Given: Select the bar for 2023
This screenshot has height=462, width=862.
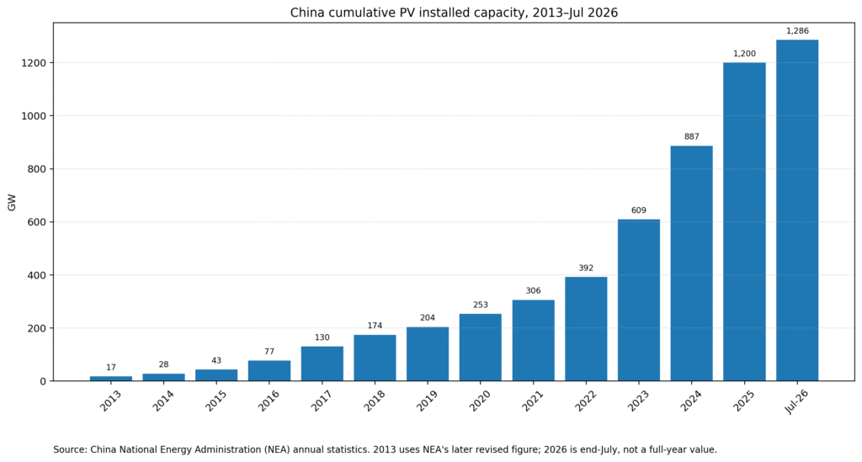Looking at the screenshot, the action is point(638,300).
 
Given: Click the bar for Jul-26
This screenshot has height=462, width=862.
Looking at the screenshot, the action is point(797,210).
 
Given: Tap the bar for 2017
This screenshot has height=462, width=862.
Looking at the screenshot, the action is point(322,364).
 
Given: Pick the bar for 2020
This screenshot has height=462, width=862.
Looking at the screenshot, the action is point(481,348).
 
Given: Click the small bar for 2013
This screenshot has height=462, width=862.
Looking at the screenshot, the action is point(111,379).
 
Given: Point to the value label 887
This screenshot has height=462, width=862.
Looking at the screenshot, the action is point(692,136).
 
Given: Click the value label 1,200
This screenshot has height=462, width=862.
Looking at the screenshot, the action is point(744,53).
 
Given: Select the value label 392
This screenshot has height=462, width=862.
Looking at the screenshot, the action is point(586,268).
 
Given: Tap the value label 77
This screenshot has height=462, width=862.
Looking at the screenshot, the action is point(269,352).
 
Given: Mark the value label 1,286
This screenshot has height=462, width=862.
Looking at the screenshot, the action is point(797,31).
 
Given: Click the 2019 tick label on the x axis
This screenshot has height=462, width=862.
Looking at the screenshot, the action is point(427,401).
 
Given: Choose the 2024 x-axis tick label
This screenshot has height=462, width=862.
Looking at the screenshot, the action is point(691,401).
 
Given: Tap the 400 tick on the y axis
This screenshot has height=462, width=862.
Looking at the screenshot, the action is point(39,275).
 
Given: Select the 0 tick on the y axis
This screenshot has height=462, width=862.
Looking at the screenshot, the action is point(44,381).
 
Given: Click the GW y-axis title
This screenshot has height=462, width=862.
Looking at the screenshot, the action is point(12,202).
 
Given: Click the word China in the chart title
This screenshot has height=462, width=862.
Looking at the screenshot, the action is point(305,12).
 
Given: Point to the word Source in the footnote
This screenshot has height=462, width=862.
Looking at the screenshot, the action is point(70,449).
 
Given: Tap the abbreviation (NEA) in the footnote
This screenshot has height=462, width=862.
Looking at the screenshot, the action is point(276,449).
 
